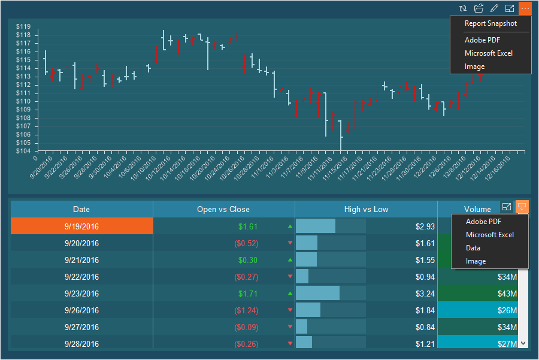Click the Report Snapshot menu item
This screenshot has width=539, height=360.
490,23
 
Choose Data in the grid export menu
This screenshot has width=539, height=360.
473,248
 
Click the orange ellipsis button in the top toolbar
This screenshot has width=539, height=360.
525,8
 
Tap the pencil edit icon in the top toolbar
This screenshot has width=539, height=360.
494,8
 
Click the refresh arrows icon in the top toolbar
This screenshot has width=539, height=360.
463,8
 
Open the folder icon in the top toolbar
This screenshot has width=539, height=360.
479,8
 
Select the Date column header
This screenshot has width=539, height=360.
81,209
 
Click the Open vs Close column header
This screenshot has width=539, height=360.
223,209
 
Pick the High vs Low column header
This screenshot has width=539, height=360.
366,209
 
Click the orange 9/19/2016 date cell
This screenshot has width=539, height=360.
81,226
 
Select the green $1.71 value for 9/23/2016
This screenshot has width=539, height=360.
247,294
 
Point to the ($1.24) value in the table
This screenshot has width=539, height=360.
246,310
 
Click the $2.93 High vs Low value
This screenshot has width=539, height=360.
425,226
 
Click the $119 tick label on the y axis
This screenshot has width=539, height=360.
23,26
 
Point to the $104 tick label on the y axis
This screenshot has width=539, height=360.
23,151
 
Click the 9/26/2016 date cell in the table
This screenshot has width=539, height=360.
81,310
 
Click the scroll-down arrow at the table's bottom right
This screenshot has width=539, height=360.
523,343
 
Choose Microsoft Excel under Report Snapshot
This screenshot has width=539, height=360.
489,53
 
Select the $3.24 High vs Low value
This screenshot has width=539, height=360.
425,294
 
